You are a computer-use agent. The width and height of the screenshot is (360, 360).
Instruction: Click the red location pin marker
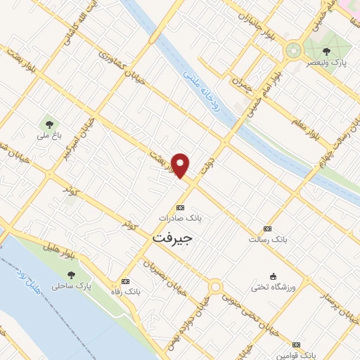coord(181,165)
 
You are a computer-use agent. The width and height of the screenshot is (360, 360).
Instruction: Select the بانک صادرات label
coord(181,219)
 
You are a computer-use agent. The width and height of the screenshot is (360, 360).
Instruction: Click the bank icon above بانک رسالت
coord(266,229)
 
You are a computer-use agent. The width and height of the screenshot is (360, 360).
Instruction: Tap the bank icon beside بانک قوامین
coord(297,345)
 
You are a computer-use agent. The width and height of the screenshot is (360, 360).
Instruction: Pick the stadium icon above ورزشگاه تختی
coord(274,276)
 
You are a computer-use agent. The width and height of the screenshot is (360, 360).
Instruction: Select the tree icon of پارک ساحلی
coord(71,274)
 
